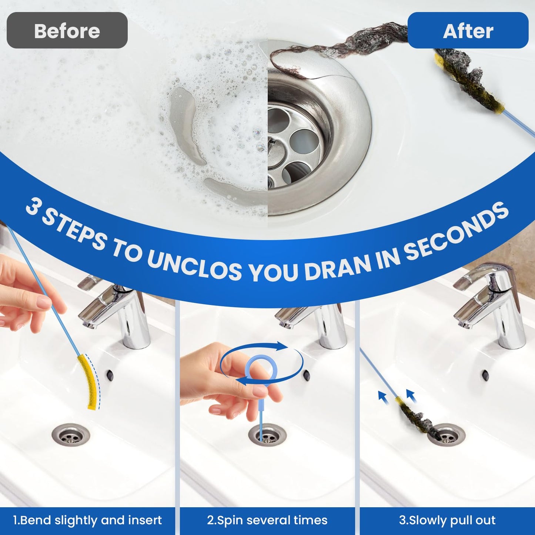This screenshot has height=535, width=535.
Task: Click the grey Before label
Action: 67,30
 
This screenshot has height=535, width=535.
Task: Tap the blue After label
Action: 468,30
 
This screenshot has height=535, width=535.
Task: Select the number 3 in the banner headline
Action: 33,207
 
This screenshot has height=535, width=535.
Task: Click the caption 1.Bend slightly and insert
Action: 87,520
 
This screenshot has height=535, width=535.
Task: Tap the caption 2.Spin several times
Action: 267,520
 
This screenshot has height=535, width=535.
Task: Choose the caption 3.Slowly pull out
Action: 447,520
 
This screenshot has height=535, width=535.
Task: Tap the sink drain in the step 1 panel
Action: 71,435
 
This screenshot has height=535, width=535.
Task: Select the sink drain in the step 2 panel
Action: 267,435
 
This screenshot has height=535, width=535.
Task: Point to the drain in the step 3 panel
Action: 446,435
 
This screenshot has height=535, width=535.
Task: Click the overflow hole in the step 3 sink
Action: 485,375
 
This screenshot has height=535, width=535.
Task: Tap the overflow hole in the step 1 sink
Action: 110,375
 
